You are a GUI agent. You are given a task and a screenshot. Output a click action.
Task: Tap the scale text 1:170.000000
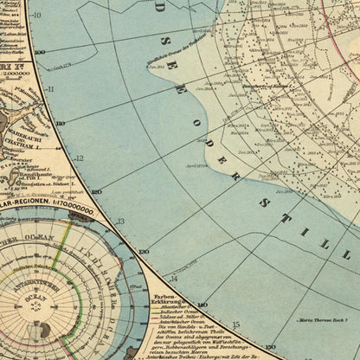[65, 208]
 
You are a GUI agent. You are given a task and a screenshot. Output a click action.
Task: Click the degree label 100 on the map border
[39, 52]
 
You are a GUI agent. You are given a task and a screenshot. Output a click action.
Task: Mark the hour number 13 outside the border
[120, 221]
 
